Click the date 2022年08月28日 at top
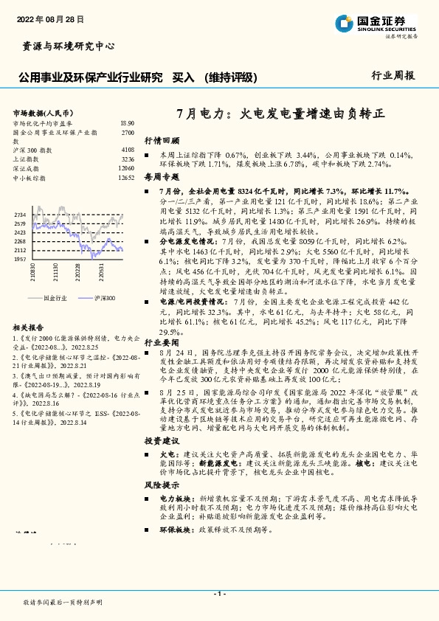click(50, 18)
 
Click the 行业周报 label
click(393, 75)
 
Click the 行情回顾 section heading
click(162, 140)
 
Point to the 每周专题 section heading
click(162, 177)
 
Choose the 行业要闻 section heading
click(162, 343)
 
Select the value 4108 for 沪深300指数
click(127, 150)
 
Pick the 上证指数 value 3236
click(127, 159)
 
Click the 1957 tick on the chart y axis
click(21, 260)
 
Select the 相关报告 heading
click(29, 327)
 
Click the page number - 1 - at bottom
click(219, 594)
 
